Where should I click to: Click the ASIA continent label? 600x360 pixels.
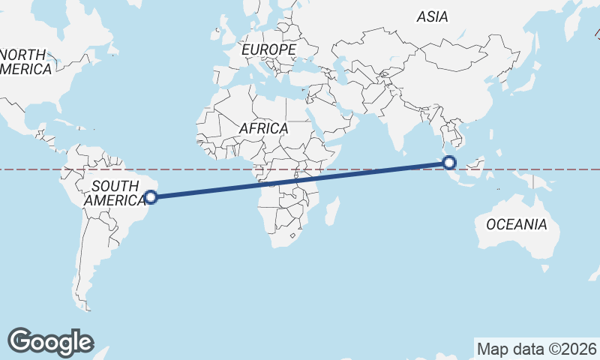[433, 16]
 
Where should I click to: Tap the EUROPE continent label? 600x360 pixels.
[269, 49]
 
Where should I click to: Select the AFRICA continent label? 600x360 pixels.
[263, 128]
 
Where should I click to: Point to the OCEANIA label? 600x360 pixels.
[516, 224]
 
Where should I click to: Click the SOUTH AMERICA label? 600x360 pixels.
[114, 193]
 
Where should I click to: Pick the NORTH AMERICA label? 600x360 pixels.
[25, 62]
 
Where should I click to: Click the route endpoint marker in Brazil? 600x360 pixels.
[151, 197]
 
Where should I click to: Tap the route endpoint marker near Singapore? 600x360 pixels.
[449, 163]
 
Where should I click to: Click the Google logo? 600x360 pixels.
[50, 342]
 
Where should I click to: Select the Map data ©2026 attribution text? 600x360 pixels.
[537, 349]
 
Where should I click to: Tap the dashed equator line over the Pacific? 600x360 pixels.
[570, 169]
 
